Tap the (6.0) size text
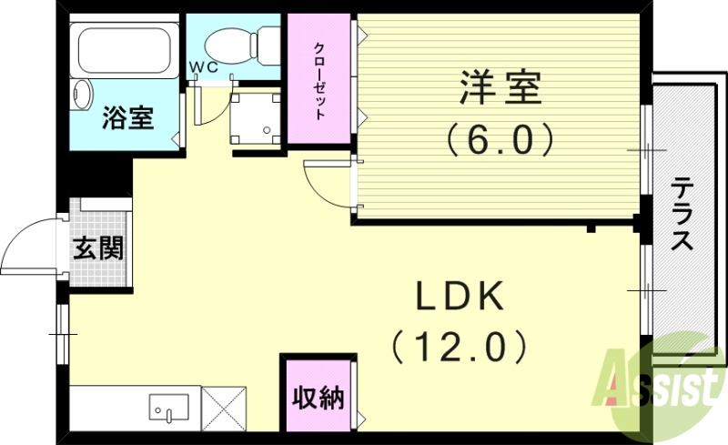500,139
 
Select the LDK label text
460,298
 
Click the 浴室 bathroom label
126,117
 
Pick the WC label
202,67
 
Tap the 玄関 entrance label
99,247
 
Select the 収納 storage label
318,397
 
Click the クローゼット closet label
320,80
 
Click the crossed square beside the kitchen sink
223,406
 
